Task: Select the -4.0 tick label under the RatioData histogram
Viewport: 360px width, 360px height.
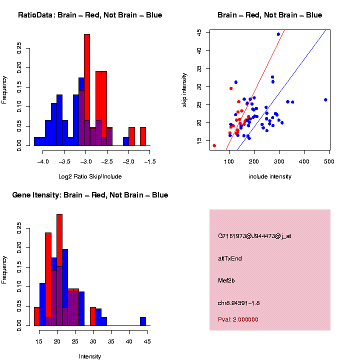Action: [44, 161]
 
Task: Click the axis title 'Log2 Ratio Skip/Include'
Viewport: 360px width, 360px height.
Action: [89, 176]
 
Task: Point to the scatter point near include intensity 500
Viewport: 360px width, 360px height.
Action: [325, 99]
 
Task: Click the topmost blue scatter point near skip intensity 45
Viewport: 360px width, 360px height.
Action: [278, 34]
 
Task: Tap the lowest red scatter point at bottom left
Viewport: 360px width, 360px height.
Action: [214, 145]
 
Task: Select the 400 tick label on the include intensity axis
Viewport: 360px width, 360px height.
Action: [304, 161]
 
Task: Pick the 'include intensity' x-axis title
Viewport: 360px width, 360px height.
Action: [269, 176]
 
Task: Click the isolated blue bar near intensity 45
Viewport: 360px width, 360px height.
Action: [143, 321]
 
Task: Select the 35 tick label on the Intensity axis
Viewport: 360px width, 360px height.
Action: [111, 341]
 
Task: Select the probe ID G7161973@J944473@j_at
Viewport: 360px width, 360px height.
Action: [254, 236]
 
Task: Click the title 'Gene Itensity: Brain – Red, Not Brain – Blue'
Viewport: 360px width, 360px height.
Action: [90, 195]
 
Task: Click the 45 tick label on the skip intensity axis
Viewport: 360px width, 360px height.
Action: [199, 32]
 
